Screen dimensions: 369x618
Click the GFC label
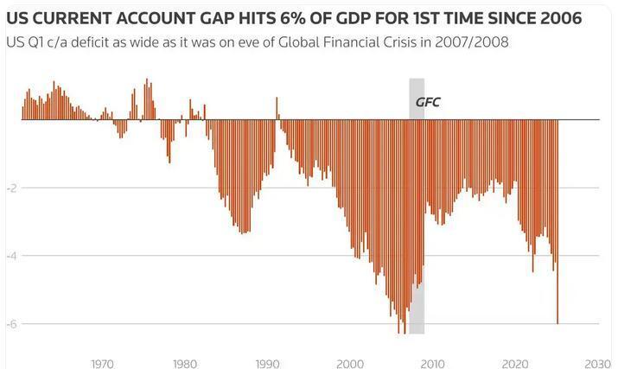(428, 103)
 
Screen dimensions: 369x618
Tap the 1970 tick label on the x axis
(102, 363)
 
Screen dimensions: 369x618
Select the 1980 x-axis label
(184, 363)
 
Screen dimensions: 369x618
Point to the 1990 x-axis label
(267, 363)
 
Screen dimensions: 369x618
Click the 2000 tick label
(350, 363)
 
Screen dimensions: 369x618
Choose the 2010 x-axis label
(432, 363)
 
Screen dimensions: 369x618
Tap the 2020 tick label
(515, 363)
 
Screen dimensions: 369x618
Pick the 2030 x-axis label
(598, 363)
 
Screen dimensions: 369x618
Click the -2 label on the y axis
(11, 188)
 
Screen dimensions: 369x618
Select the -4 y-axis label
(11, 256)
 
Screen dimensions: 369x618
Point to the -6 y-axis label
(11, 324)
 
